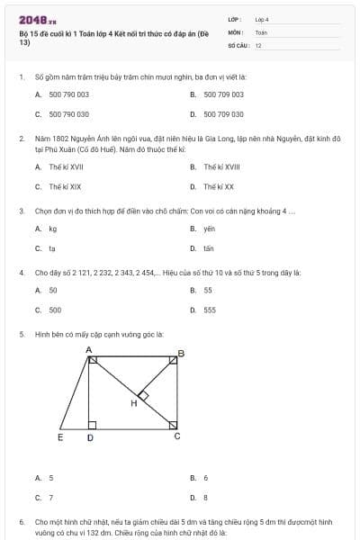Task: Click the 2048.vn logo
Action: point(37,20)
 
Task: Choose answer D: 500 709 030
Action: point(223,114)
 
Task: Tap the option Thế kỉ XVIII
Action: point(221,166)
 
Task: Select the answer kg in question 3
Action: point(53,229)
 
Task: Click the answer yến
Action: point(210,229)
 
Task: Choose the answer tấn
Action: point(209,248)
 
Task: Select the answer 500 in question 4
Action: point(55,310)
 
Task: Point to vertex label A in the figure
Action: point(88,349)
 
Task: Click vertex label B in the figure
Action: point(181,354)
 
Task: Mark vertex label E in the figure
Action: point(60,438)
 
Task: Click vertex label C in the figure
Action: point(176,436)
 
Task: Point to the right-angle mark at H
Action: point(142,394)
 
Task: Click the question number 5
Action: point(21,333)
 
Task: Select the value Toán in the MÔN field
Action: point(261,31)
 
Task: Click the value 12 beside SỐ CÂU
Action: point(258,45)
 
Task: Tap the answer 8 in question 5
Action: point(206,497)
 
